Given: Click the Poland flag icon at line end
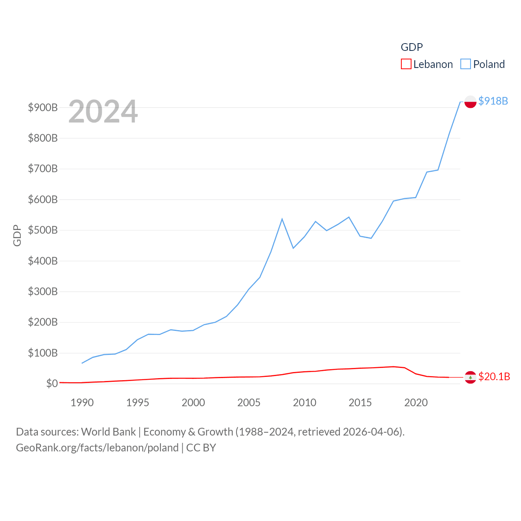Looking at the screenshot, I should tap(470, 102).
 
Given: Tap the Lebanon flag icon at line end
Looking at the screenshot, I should tap(470, 377).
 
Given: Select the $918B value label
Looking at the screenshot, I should tap(493, 101).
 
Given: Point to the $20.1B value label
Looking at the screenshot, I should tap(494, 377).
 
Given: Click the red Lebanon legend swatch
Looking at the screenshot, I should tap(406, 64).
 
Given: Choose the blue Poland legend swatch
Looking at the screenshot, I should tap(465, 64).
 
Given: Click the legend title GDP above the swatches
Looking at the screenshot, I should tap(412, 47).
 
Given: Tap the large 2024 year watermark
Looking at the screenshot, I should tap(103, 112).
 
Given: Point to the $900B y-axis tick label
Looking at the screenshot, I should tap(43, 107).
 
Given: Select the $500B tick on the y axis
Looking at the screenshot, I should tap(43, 230).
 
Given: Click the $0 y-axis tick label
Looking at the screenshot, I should tap(52, 384).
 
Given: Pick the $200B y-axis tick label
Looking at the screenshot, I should tap(43, 322).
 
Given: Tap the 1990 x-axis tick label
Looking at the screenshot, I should tap(82, 403).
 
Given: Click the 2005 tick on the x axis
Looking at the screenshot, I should tap(249, 403).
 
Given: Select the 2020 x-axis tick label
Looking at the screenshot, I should tap(416, 403).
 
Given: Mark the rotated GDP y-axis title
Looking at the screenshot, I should tap(17, 235).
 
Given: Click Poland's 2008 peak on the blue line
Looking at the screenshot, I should tap(282, 219).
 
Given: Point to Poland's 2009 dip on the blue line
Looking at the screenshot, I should tap(293, 248).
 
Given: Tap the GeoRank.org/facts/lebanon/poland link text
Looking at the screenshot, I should tap(97, 448).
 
